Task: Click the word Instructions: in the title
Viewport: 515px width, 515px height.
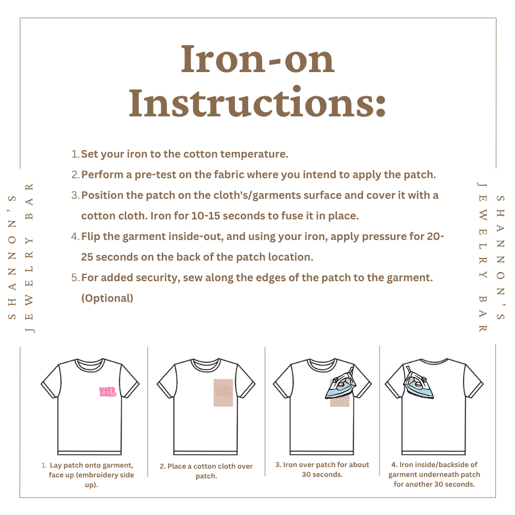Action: coord(257,102)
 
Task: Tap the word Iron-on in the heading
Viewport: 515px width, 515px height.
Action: coord(257,59)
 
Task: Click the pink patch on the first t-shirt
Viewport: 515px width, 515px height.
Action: coord(108,391)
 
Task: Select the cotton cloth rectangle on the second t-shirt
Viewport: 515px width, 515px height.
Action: coord(224,393)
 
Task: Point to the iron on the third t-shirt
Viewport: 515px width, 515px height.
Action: coord(341,383)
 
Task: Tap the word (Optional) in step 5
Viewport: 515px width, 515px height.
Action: coord(107,298)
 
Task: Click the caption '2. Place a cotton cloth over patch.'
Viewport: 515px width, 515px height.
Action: coord(207,471)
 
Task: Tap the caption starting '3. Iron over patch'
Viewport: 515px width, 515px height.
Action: coord(322,469)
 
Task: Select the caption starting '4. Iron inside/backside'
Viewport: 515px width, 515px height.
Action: coord(434,474)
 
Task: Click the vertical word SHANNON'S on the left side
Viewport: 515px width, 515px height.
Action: coord(12,257)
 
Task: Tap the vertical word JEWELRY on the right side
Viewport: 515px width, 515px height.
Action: coord(483,230)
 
